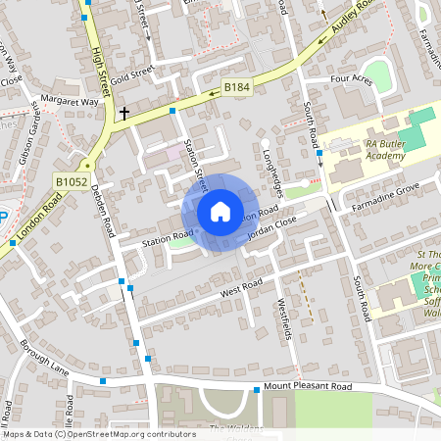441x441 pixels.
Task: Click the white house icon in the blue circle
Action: tap(220, 211)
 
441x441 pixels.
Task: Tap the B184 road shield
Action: tap(237, 88)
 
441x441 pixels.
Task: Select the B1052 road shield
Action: tap(72, 181)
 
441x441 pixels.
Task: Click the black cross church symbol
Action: tap(124, 114)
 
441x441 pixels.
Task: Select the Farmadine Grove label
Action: tap(387, 187)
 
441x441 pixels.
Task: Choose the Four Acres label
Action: tap(352, 79)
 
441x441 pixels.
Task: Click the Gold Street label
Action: tap(132, 72)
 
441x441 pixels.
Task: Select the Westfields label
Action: tap(285, 318)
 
